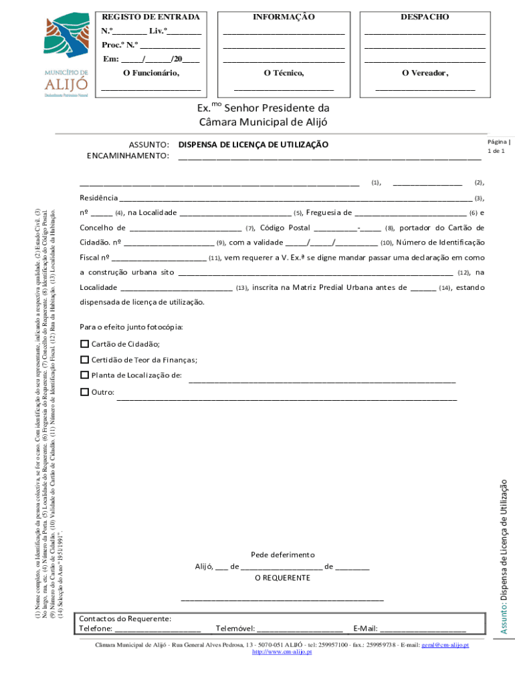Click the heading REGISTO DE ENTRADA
[150, 16]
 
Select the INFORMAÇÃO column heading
[284, 16]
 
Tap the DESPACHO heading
[425, 16]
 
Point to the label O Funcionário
[151, 73]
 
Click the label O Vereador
[425, 73]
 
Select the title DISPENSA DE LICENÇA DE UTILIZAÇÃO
[253, 144]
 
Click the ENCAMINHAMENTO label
[128, 156]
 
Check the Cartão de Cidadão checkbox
[84, 344]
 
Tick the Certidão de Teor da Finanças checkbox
[84, 359]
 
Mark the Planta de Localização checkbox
[84, 375]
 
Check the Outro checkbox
[84, 391]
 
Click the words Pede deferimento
[282, 555]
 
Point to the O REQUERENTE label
[282, 578]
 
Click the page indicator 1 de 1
[496, 152]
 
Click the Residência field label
[98, 198]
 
